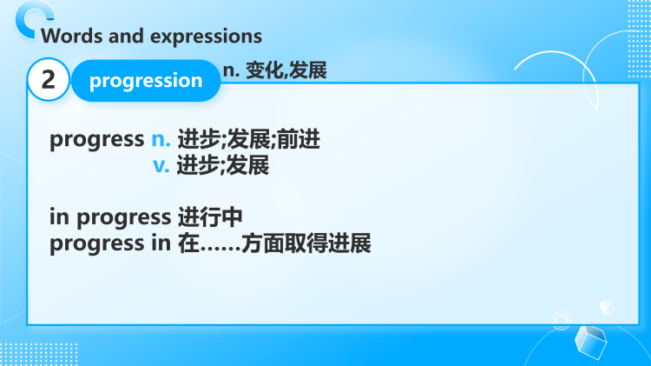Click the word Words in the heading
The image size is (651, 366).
[67, 37]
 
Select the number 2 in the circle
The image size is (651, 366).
[49, 81]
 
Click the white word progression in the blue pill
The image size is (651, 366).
[146, 81]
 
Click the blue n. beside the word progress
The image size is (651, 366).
[161, 139]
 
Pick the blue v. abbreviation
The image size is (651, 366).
[161, 164]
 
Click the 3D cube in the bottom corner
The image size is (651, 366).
[592, 341]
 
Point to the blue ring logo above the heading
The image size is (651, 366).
[36, 15]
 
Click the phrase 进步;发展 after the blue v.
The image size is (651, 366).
[223, 164]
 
